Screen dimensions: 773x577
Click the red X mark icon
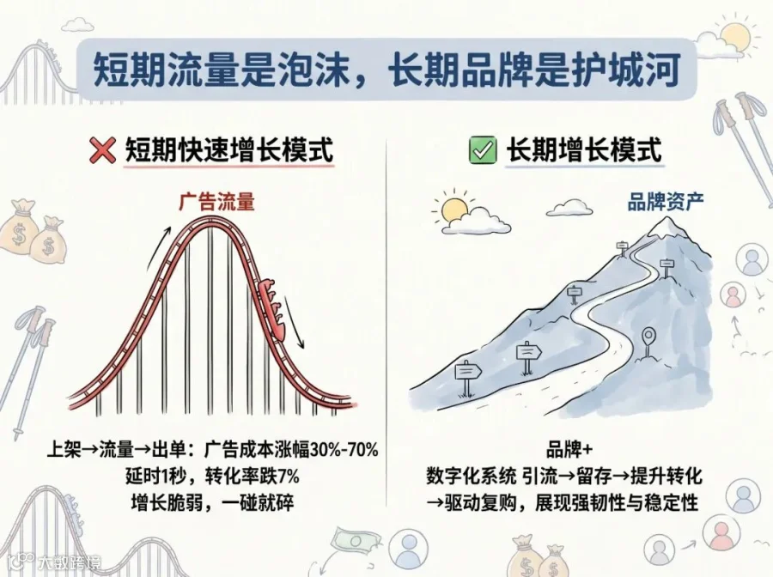tap(102, 150)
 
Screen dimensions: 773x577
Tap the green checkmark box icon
tap(482, 149)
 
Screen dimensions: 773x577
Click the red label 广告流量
tap(217, 202)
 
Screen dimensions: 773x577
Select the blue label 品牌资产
tap(666, 201)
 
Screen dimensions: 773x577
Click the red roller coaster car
tap(272, 308)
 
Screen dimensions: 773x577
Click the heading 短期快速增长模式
tap(229, 149)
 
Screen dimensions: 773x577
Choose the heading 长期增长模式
tap(584, 149)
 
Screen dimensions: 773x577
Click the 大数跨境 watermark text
tap(69, 561)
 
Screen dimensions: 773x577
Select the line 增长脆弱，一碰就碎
tap(212, 502)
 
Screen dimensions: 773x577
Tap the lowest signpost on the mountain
tap(466, 377)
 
